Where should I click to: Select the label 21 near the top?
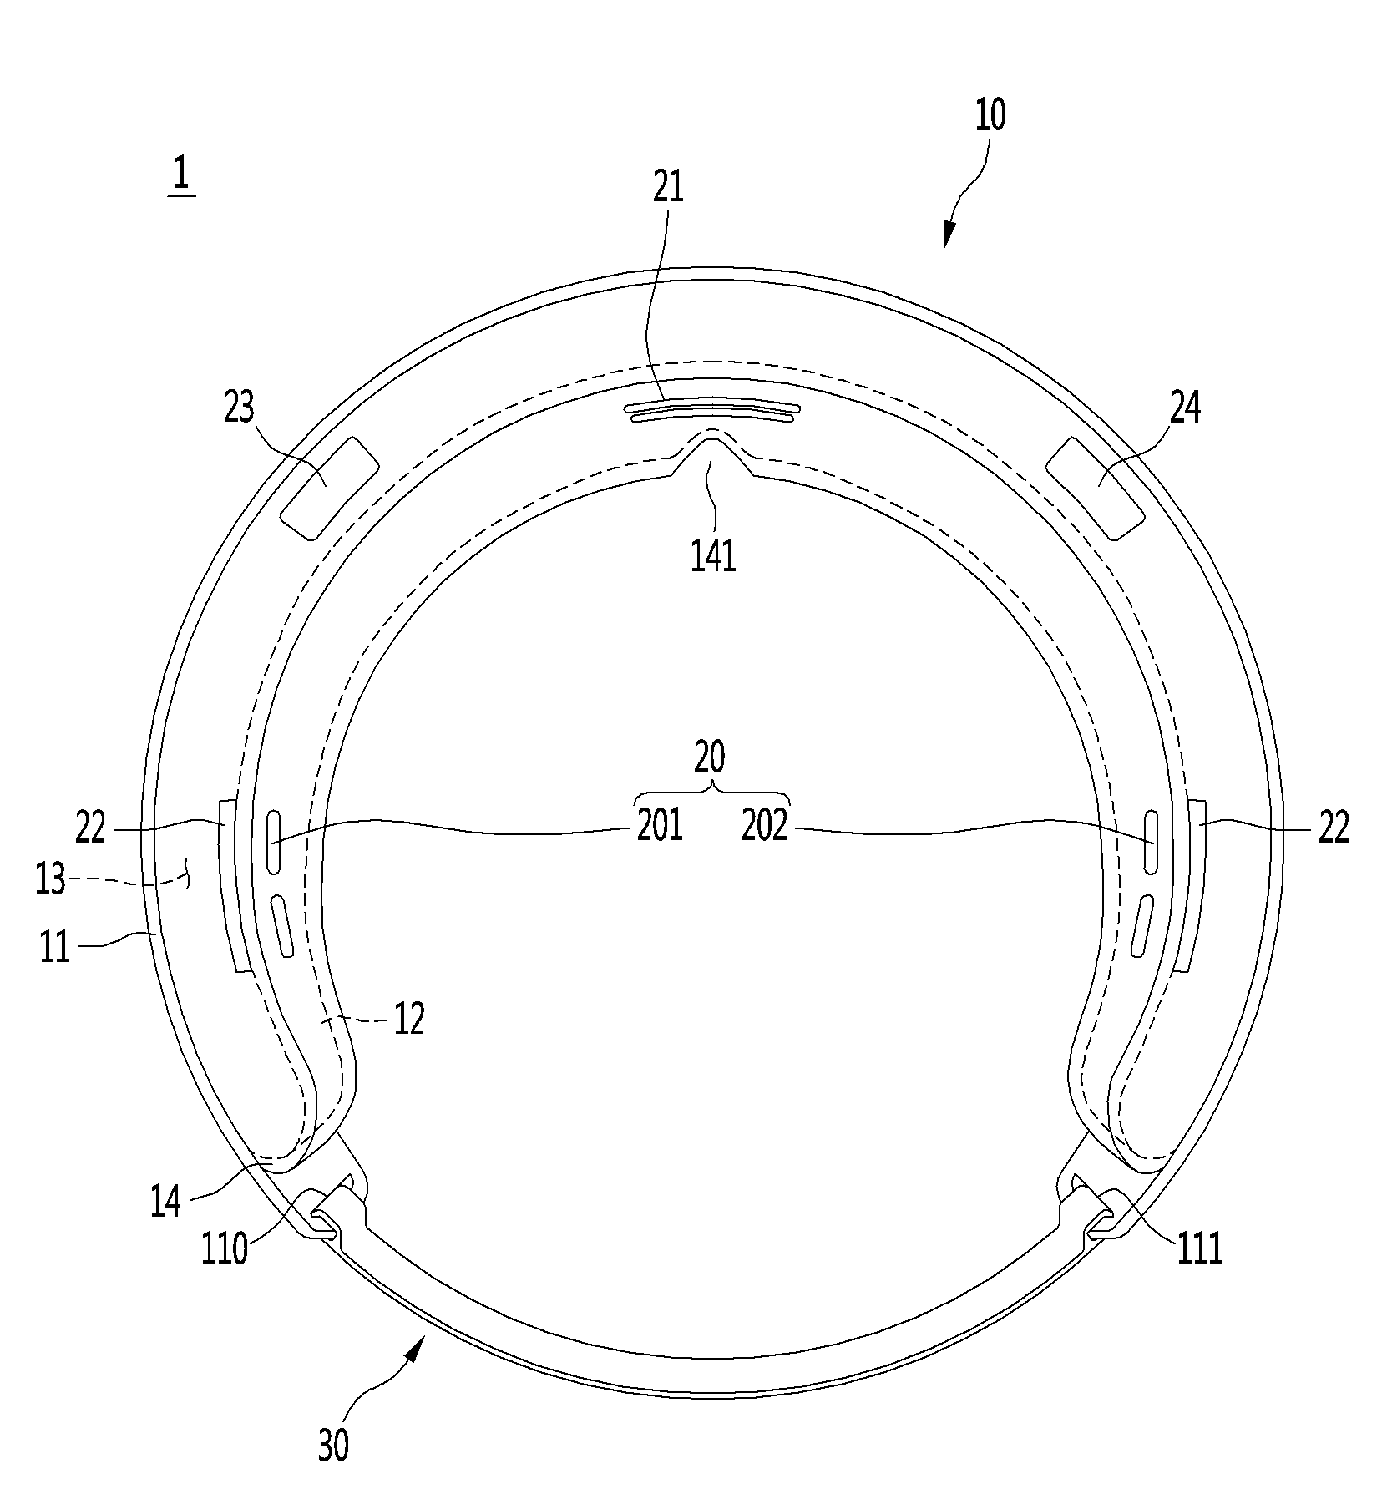(x=668, y=187)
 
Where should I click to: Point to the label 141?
(x=714, y=555)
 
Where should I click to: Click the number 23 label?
(x=239, y=409)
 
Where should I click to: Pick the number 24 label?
(x=1185, y=409)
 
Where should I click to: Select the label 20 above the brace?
(x=710, y=757)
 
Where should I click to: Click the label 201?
(x=660, y=826)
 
